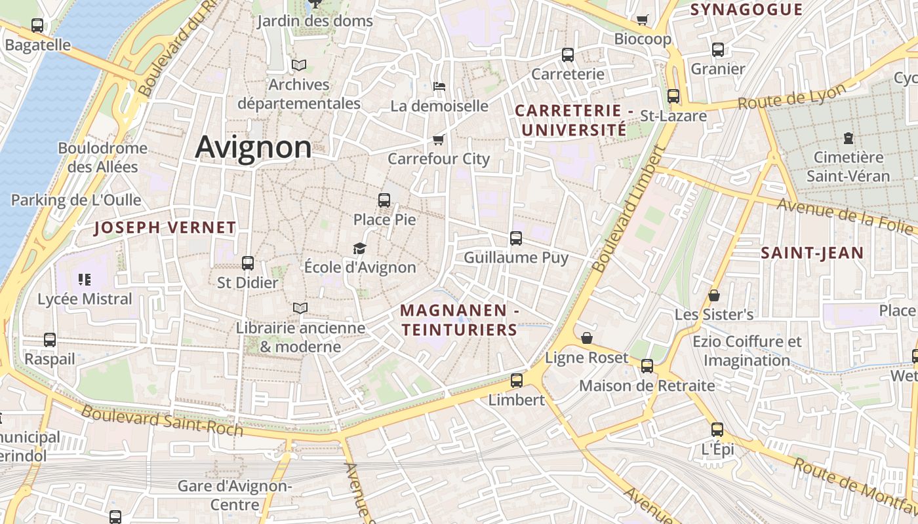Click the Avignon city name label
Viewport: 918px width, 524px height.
point(253,147)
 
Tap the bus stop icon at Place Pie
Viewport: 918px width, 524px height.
point(384,200)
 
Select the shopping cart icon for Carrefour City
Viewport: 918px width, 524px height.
point(439,140)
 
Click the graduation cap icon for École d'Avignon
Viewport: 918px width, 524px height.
point(359,248)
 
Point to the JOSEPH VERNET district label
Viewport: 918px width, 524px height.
point(165,228)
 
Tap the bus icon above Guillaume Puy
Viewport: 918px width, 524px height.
point(516,238)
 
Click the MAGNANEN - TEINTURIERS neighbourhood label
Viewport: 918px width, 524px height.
point(460,320)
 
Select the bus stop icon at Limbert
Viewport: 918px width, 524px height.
point(517,381)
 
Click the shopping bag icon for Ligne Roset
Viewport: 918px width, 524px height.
point(587,338)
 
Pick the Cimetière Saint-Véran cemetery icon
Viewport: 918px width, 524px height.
point(848,138)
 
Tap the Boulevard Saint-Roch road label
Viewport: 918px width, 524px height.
point(162,421)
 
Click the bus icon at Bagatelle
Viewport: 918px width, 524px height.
point(37,26)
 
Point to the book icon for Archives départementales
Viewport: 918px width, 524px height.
point(299,65)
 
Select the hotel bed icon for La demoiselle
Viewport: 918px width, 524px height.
point(439,86)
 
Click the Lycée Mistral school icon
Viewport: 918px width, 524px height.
point(85,280)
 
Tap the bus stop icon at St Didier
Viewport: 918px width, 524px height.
point(248,263)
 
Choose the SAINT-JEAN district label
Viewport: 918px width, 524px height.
point(812,253)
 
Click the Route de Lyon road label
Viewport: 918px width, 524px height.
point(791,98)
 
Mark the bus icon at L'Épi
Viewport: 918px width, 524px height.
point(717,430)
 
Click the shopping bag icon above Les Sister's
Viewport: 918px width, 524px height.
point(714,295)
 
